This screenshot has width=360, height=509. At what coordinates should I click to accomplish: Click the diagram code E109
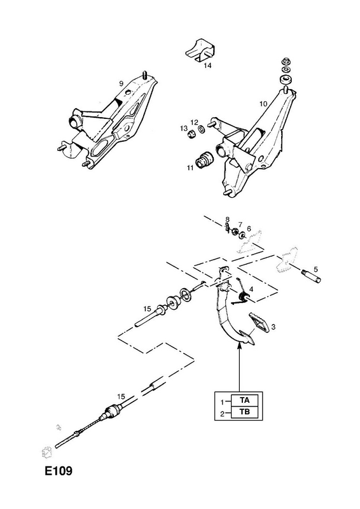click(x=59, y=471)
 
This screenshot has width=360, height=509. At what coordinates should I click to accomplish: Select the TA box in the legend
click(x=245, y=400)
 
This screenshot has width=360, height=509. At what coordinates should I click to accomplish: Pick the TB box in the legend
click(x=245, y=412)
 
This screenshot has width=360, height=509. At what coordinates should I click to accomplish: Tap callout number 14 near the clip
click(x=208, y=66)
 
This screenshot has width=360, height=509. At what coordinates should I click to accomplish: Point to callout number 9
click(x=121, y=83)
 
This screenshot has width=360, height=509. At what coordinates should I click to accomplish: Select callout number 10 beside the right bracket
click(x=263, y=104)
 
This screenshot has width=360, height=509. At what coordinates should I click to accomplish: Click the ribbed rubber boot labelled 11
click(x=204, y=160)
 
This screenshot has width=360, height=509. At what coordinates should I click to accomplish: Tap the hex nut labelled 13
click(x=191, y=134)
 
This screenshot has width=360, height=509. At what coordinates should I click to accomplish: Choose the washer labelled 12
click(x=201, y=130)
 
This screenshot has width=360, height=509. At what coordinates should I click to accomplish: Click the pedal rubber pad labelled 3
click(x=259, y=322)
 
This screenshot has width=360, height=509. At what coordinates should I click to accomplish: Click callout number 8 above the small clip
click(x=228, y=220)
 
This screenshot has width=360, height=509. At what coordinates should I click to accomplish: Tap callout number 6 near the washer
click(x=249, y=229)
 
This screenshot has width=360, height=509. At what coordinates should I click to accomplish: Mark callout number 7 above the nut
click(x=240, y=224)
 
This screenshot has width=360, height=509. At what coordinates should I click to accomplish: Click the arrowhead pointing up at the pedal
click(x=240, y=346)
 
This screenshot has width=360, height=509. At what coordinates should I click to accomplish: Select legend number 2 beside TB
click(x=223, y=414)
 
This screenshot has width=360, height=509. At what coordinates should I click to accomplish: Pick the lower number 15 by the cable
click(x=121, y=396)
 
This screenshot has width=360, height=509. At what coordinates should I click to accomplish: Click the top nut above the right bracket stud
click(x=286, y=60)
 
